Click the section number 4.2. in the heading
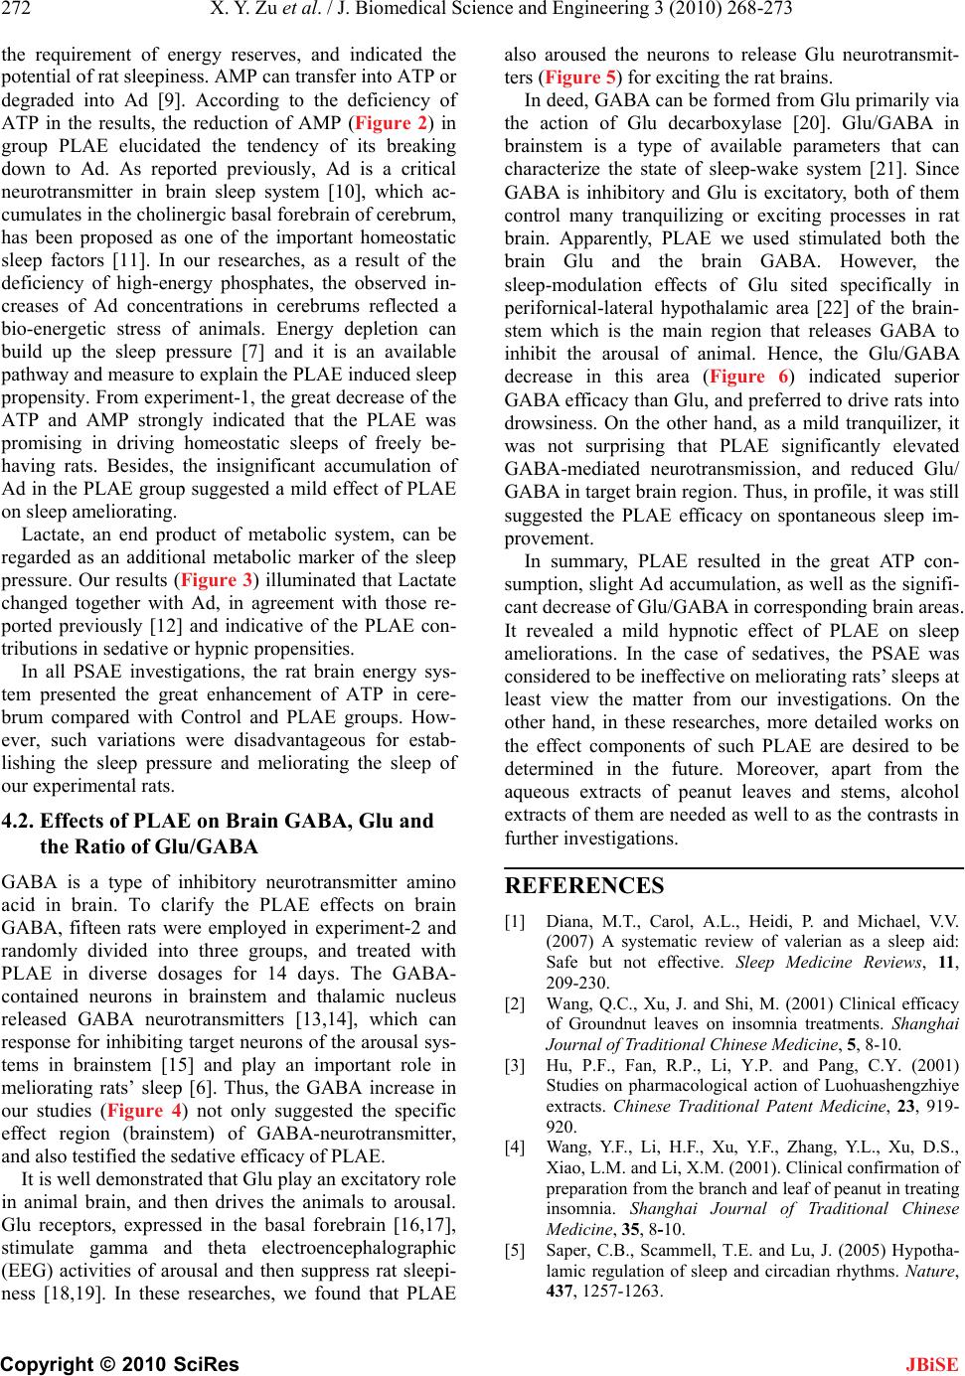[x=20, y=821]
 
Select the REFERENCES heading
[x=584, y=885]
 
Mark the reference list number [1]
[x=515, y=921]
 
